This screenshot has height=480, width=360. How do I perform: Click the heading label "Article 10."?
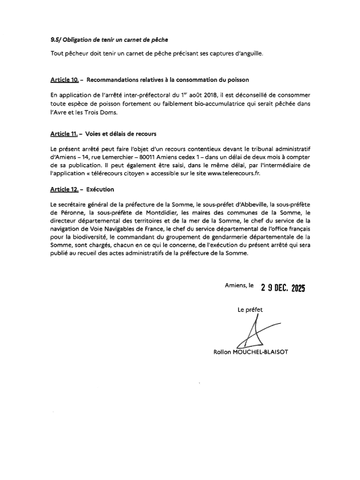point(63,79)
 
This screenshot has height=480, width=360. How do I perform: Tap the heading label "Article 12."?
point(63,188)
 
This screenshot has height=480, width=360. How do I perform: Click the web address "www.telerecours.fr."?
point(235,173)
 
